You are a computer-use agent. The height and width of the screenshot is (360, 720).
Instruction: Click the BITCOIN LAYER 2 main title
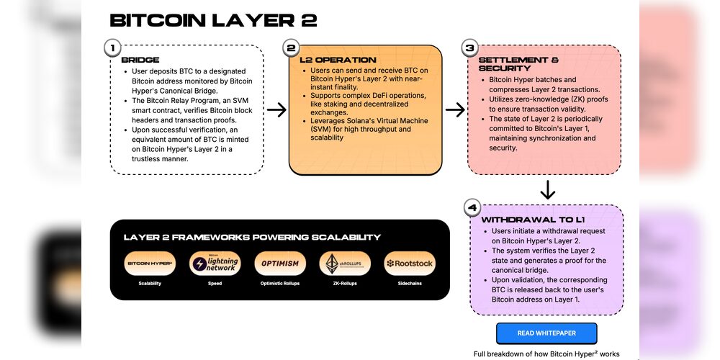tap(213, 20)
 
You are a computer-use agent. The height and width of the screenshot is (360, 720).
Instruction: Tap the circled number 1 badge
tap(112, 48)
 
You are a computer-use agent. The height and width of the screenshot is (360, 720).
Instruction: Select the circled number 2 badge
tap(291, 48)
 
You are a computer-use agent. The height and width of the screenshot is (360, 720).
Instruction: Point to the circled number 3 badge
tap(469, 48)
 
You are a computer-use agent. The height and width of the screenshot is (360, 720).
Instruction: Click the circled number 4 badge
tap(472, 208)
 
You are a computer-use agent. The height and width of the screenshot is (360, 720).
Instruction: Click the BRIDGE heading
tap(140, 60)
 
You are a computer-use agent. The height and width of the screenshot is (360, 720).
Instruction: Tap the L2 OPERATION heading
tap(338, 60)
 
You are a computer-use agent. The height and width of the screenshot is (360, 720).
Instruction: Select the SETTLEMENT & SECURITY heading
tap(518, 64)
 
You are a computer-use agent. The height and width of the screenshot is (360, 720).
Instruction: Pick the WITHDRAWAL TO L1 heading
tap(527, 219)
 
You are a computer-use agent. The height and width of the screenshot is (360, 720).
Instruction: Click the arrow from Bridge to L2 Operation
tap(276, 110)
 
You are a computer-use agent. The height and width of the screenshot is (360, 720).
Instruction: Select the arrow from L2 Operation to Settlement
tap(455, 110)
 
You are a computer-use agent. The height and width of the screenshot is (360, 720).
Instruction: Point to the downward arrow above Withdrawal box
tap(547, 190)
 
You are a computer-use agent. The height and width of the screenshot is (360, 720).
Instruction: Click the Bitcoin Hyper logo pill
tap(150, 264)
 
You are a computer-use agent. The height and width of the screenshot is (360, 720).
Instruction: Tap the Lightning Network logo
tap(215, 264)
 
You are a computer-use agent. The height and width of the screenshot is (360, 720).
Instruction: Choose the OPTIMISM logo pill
tap(279, 264)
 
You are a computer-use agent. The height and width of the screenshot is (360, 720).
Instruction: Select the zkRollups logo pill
tap(345, 264)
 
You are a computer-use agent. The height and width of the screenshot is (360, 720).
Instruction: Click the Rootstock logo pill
tap(410, 264)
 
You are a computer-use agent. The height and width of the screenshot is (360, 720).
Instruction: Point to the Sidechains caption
tap(410, 284)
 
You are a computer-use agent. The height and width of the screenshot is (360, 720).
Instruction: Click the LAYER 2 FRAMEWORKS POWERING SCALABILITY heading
tap(252, 237)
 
